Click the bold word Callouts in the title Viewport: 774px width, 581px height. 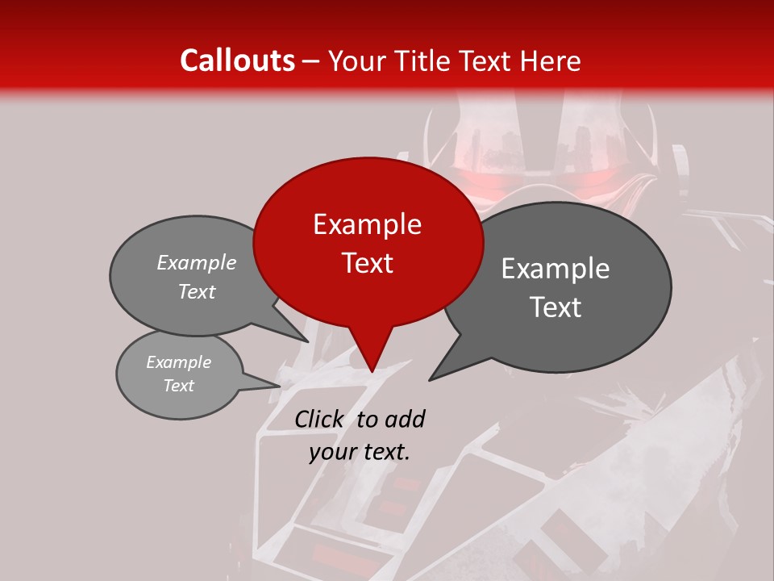coord(237,61)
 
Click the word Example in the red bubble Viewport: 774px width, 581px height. coord(367,224)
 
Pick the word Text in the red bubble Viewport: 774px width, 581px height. coord(367,263)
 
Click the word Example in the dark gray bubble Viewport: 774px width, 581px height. coord(556,269)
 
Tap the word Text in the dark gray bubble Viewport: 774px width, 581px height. coord(556,307)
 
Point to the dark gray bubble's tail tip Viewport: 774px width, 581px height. coord(431,378)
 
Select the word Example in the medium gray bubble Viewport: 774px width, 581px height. coord(197,263)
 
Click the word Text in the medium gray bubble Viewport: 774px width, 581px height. coord(197,292)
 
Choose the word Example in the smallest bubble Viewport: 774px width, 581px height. coord(178,362)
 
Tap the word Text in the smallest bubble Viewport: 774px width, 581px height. coord(178,386)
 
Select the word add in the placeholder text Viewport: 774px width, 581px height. coord(404,419)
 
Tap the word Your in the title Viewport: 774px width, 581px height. coord(356,61)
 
